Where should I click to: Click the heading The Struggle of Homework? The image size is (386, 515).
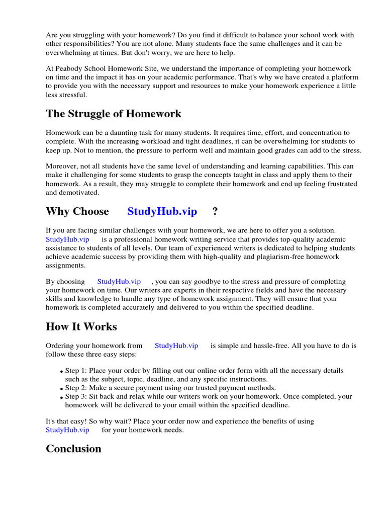pyautogui.click(x=114, y=114)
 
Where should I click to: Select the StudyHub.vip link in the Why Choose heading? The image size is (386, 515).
pyautogui.click(x=162, y=211)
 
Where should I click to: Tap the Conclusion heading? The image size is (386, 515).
pyautogui.click(x=73, y=449)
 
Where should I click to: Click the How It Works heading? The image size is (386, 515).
pyautogui.click(x=81, y=326)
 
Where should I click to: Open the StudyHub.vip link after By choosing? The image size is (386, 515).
pyautogui.click(x=119, y=282)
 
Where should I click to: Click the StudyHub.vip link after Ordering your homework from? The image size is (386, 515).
pyautogui.click(x=176, y=346)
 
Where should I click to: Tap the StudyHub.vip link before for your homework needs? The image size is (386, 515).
pyautogui.click(x=67, y=430)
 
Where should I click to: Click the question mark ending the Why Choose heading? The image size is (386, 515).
pyautogui.click(x=215, y=211)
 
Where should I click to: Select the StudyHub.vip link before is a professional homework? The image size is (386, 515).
pyautogui.click(x=67, y=239)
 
